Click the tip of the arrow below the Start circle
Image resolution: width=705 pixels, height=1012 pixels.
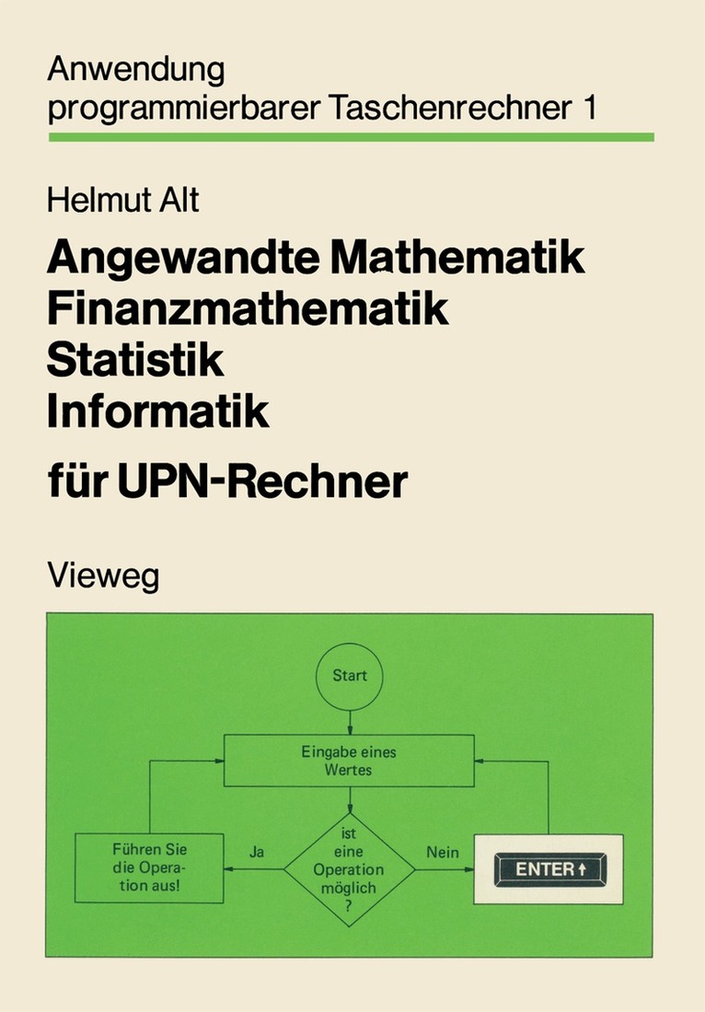[x=350, y=735]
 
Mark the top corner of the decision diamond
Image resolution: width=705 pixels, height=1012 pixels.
[x=350, y=813]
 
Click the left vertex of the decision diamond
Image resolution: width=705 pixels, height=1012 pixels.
[x=283, y=869]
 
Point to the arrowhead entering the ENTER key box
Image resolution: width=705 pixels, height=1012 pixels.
[x=470, y=869]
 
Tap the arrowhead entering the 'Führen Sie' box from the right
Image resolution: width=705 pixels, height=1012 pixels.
[x=228, y=869]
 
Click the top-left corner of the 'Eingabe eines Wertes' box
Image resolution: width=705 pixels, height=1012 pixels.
[x=224, y=735]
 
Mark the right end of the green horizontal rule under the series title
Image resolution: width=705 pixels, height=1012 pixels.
[x=654, y=137]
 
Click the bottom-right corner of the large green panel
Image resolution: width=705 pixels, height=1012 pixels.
[x=653, y=957]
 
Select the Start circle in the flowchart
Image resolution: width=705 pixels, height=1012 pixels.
[x=350, y=676]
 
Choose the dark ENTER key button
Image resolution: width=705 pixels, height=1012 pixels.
[x=550, y=869]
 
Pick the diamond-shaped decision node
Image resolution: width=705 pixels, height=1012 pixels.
[x=350, y=869]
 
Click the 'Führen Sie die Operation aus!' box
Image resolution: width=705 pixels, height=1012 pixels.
[x=150, y=868]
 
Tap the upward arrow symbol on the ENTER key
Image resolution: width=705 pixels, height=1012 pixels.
[x=583, y=869]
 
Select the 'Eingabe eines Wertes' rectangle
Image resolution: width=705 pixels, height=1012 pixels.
[x=349, y=761]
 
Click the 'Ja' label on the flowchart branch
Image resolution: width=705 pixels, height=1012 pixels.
[x=257, y=852]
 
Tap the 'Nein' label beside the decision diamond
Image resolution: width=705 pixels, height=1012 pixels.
[x=443, y=852]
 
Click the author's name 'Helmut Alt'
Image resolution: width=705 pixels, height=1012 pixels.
[x=122, y=200]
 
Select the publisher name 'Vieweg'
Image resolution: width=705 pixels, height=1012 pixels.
[x=103, y=576]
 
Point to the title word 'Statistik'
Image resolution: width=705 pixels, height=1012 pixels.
[x=135, y=360]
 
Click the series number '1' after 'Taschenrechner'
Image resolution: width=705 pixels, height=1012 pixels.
[x=590, y=108]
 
